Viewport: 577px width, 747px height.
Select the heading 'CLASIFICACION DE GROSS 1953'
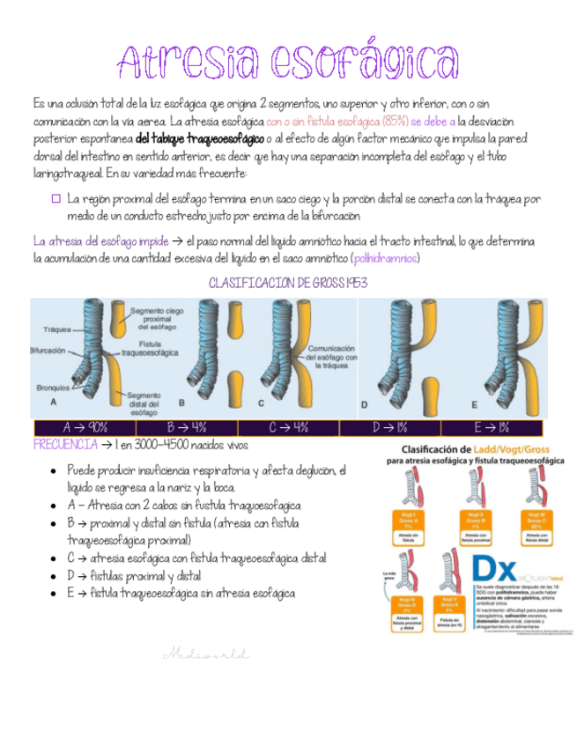tap(288, 283)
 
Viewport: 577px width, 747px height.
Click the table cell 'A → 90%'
tap(86, 427)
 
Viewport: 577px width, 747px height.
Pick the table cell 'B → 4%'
tap(192, 427)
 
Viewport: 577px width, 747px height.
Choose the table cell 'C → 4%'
tap(288, 427)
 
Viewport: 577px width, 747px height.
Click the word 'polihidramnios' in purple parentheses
tap(385, 258)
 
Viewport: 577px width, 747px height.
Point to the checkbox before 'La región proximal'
tap(55, 199)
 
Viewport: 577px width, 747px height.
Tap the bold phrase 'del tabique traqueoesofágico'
tap(200, 139)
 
